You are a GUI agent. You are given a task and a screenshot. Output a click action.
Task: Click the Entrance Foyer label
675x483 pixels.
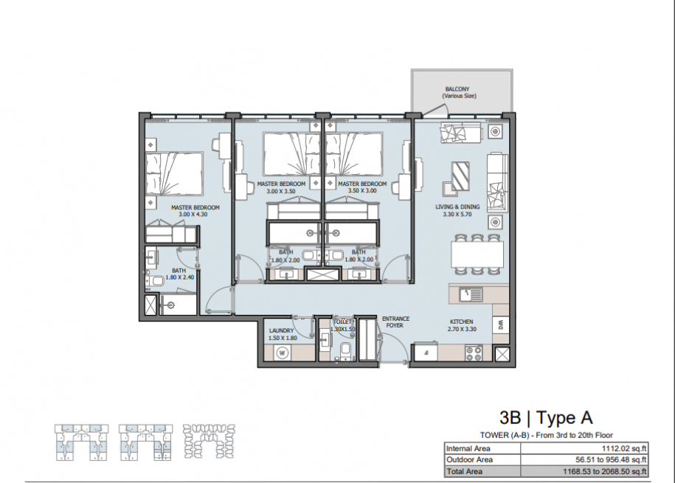point(395,322)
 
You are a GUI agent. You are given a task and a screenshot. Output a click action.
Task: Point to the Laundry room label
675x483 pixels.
point(281,330)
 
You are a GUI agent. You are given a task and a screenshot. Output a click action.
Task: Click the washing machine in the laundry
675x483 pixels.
point(283,353)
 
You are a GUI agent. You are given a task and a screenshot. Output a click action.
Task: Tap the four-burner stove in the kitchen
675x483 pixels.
point(473,354)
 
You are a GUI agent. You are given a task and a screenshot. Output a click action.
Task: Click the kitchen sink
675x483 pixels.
point(471,295)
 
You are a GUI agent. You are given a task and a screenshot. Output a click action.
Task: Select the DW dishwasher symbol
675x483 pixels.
point(501,324)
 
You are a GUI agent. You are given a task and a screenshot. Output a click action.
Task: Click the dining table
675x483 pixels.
point(477,254)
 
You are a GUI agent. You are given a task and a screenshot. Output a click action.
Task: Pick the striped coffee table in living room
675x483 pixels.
point(460,176)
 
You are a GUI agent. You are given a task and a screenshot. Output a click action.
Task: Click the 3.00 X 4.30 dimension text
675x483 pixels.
point(193,215)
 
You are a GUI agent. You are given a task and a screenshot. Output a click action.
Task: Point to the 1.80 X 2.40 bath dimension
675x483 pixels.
point(180,278)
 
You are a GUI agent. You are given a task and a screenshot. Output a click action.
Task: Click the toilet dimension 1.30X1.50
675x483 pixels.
point(343,330)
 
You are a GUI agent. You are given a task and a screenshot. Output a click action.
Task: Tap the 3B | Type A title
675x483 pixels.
point(546,417)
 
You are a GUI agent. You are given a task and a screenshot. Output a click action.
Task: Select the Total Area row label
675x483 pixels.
point(465,472)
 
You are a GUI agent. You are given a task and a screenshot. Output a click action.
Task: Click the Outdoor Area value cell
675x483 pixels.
point(584,459)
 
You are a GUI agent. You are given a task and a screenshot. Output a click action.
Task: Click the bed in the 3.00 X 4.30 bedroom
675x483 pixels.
point(174,173)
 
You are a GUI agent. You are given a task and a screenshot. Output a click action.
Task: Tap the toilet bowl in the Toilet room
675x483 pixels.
point(345,351)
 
